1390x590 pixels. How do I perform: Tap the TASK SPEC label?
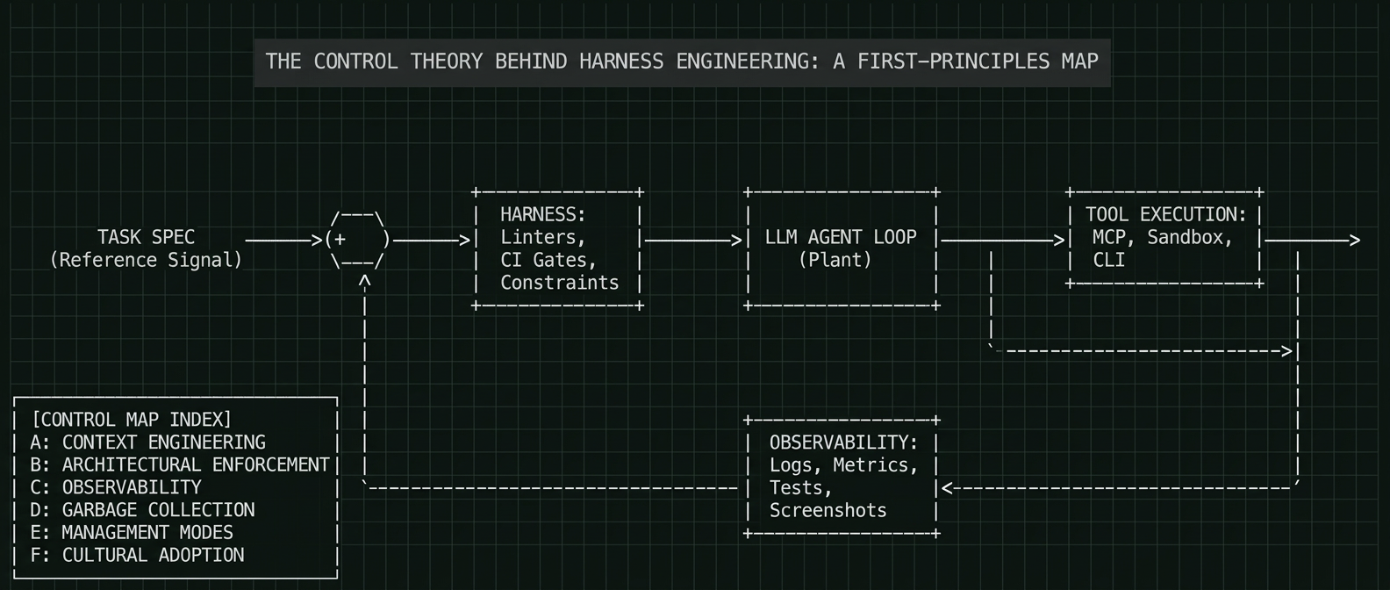146,237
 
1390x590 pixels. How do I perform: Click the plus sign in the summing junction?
340,239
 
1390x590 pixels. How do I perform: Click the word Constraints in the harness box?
559,283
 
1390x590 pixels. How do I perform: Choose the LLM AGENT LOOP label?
840,237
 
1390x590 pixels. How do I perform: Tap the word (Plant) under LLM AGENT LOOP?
835,260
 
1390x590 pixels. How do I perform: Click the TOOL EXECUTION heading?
1165,214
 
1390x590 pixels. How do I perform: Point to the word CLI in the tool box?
1108,260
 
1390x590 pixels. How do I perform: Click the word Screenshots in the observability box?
828,510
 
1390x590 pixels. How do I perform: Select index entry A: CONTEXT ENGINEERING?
147,442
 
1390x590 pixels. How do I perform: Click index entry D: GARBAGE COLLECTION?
142,510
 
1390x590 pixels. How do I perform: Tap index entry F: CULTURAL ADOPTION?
137,555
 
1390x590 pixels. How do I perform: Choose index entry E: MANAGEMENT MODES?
132,533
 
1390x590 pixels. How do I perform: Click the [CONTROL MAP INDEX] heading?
132,420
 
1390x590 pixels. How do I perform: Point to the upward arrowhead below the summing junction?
364,282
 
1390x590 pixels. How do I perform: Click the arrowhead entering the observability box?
948,488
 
